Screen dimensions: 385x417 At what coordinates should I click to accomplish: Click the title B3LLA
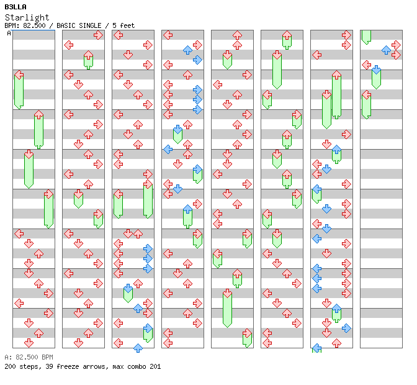16,7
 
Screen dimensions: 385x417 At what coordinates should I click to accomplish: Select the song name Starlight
27,17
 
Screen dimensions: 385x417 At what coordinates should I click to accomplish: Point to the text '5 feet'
123,25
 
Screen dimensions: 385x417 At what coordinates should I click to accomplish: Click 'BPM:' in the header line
12,25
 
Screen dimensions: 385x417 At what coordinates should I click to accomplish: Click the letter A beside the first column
9,34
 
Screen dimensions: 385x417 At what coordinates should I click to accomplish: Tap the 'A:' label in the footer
8,358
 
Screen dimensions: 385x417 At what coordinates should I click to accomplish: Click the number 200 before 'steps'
10,366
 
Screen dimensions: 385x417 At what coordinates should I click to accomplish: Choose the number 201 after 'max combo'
155,366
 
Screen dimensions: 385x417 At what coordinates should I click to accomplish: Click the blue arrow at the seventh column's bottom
316,348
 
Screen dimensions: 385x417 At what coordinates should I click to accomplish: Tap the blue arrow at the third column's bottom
138,348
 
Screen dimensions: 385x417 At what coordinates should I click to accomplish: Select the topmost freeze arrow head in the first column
19,75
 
